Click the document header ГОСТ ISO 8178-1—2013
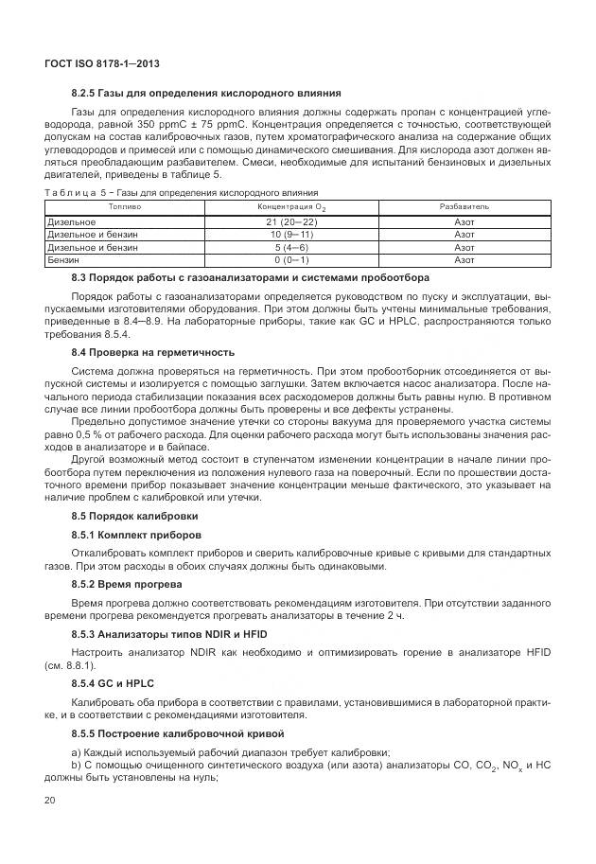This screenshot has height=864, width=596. click(101, 63)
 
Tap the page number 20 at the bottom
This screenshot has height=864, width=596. click(51, 801)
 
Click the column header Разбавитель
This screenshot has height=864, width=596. click(464, 205)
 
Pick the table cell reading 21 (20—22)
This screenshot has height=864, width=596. click(291, 220)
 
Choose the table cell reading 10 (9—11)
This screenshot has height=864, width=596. click(291, 233)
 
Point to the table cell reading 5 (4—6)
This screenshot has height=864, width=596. click(291, 246)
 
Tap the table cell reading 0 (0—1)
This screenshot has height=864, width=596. click(291, 258)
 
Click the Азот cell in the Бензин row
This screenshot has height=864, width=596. click(464, 258)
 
